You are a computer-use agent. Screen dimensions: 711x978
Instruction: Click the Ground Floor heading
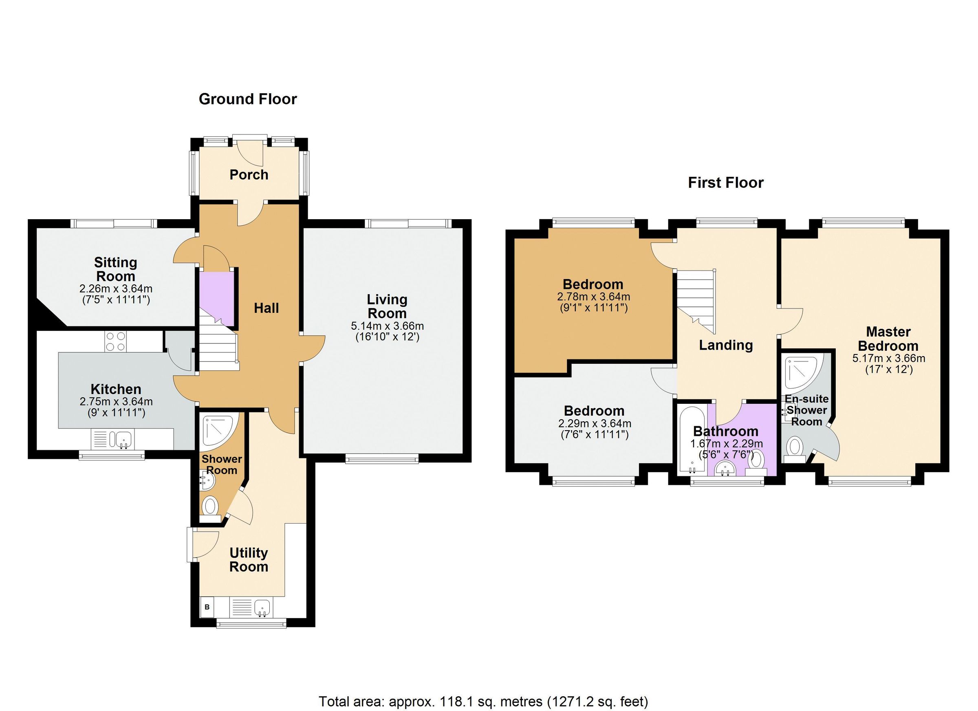coord(247,99)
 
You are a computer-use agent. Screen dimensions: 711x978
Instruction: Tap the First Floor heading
coord(725,183)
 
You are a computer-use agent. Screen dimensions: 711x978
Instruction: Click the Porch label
coord(249,175)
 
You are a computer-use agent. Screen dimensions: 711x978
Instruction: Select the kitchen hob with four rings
coord(116,341)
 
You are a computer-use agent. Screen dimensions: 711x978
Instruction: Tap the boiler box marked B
coord(207,608)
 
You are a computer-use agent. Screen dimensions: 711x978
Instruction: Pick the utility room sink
coord(262,608)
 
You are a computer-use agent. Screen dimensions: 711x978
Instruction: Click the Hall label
coord(266,308)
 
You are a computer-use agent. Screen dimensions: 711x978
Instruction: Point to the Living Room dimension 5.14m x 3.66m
coord(387,326)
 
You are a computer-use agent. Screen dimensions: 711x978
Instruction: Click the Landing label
coord(726,345)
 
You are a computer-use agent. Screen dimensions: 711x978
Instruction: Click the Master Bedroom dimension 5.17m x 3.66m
coord(888,358)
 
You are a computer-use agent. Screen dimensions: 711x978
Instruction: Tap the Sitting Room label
coord(116,269)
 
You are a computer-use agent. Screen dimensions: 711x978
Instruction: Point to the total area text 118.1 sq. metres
coord(483,702)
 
